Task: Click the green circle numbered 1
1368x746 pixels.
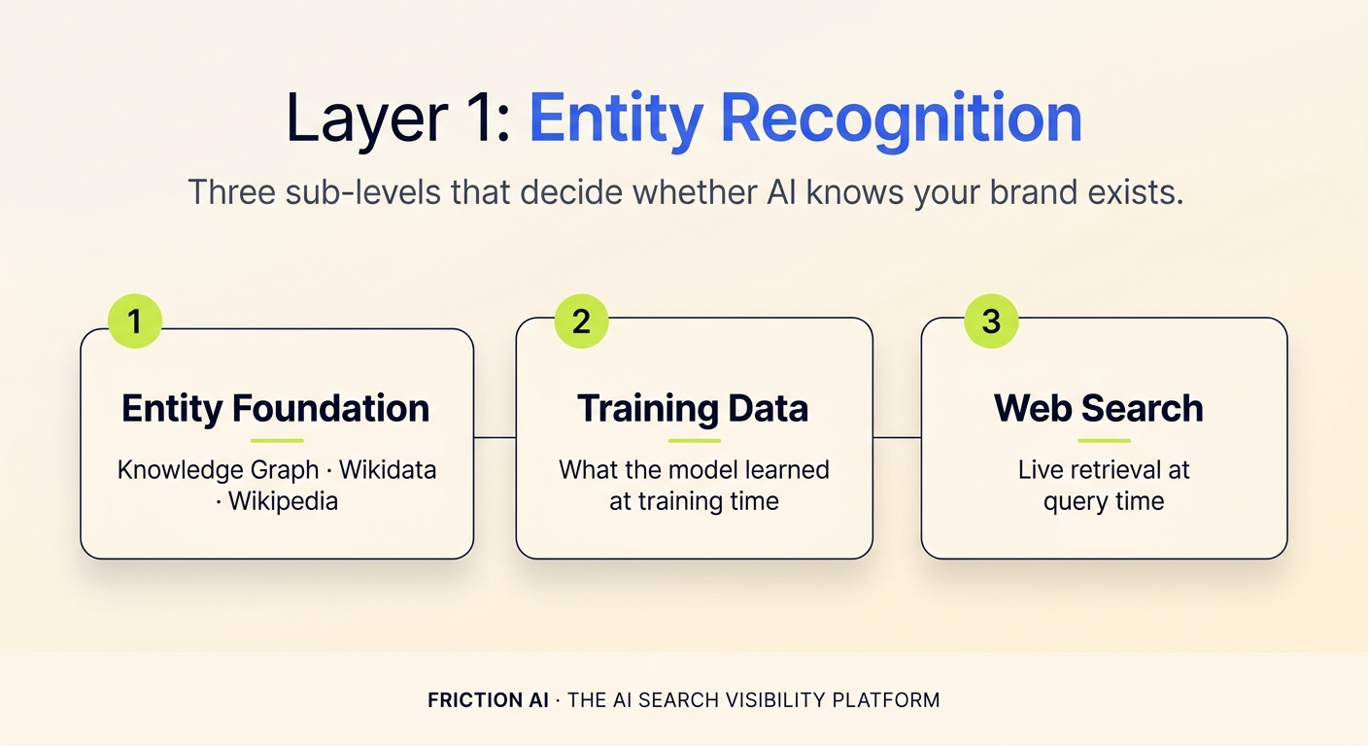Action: pyautogui.click(x=134, y=322)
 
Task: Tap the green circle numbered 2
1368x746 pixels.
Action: pyautogui.click(x=581, y=322)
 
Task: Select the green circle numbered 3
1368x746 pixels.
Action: pyautogui.click(x=991, y=322)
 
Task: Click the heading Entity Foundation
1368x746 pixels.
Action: pyautogui.click(x=276, y=409)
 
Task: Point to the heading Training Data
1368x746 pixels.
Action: pyautogui.click(x=693, y=409)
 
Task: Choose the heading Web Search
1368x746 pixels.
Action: pyautogui.click(x=1099, y=409)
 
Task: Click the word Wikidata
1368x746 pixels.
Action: pyautogui.click(x=388, y=470)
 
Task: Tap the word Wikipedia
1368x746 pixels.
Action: pyautogui.click(x=283, y=501)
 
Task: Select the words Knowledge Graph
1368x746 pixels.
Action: pyautogui.click(x=218, y=470)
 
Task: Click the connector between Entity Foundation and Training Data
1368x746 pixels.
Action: pyautogui.click(x=495, y=438)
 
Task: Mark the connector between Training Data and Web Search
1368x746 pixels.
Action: pyautogui.click(x=897, y=438)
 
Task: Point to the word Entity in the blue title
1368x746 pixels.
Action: pyautogui.click(x=615, y=119)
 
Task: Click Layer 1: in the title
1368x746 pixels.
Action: pyautogui.click(x=398, y=119)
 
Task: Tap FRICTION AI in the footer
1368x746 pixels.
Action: pyautogui.click(x=488, y=699)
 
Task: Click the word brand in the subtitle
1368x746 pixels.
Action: pyautogui.click(x=1014, y=191)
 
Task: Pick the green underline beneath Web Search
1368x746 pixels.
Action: pyautogui.click(x=1104, y=441)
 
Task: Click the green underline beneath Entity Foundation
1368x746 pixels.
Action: pyautogui.click(x=276, y=441)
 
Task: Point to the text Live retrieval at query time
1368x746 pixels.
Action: pyautogui.click(x=1104, y=486)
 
